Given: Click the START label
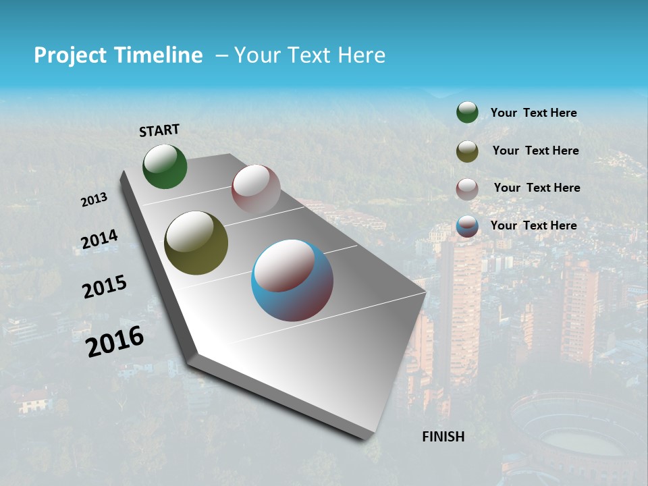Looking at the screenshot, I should pyautogui.click(x=159, y=130).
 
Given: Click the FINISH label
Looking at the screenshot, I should pyautogui.click(x=443, y=437).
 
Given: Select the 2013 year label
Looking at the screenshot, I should pyautogui.click(x=94, y=200).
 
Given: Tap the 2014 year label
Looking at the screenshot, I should pyautogui.click(x=99, y=240).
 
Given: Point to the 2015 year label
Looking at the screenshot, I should pyautogui.click(x=105, y=287).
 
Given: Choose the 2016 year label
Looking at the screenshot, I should pyautogui.click(x=115, y=342).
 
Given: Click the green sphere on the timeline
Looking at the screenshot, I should pyautogui.click(x=165, y=167).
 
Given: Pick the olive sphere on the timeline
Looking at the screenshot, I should pyautogui.click(x=196, y=243).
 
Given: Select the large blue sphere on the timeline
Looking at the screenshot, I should pyautogui.click(x=292, y=280).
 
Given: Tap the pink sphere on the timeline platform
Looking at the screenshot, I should pyautogui.click(x=256, y=189).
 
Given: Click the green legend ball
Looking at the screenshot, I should pyautogui.click(x=467, y=112).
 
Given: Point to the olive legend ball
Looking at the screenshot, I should pyautogui.click(x=467, y=151).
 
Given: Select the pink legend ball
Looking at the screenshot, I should pyautogui.click(x=467, y=189).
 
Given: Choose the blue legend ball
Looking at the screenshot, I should pyautogui.click(x=467, y=226).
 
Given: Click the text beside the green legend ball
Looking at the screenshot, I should pyautogui.click(x=533, y=113).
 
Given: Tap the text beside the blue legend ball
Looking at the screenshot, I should pyautogui.click(x=533, y=225).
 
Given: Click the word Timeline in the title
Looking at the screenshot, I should pyautogui.click(x=159, y=55).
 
